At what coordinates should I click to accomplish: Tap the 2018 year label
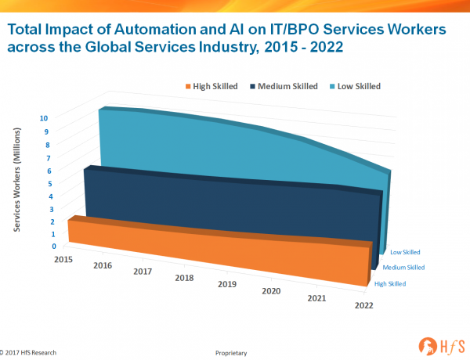point(185,278)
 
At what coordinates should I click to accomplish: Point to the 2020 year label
point(271,292)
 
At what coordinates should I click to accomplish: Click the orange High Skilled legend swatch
point(189,86)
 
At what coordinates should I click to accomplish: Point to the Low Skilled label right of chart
point(405,252)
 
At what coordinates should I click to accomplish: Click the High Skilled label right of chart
point(390,283)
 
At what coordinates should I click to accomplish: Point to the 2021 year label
point(316,299)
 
